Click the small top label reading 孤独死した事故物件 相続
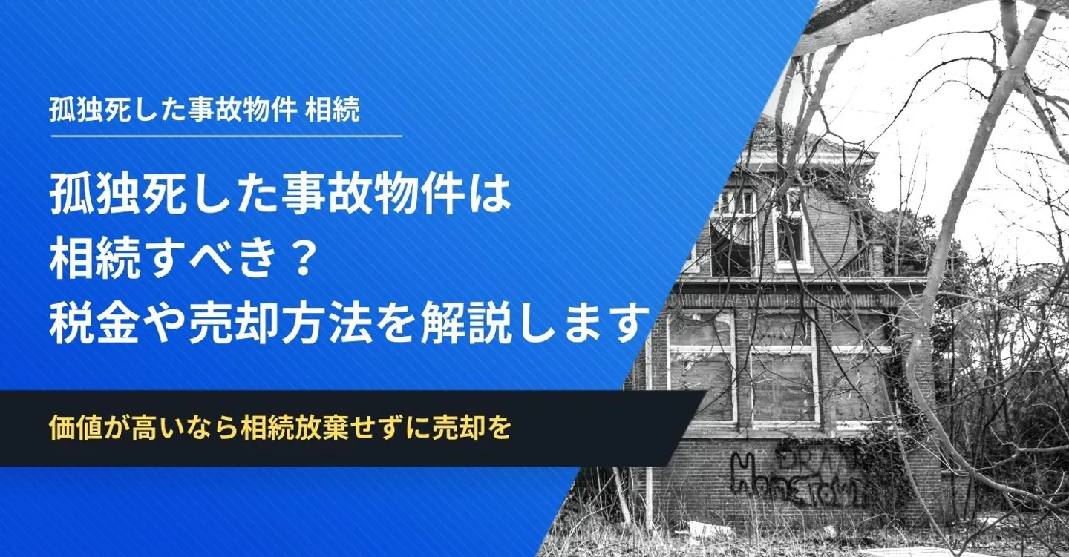coord(204,110)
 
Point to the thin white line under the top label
coord(226,136)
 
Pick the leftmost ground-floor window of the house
coord(701,366)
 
